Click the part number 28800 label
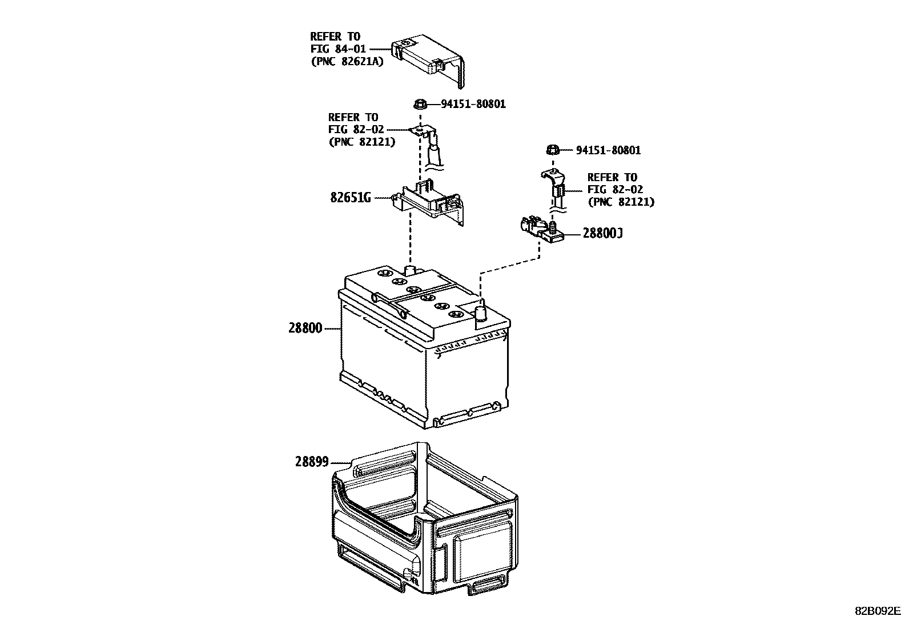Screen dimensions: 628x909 (x=305, y=329)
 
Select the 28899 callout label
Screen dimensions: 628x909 (x=312, y=462)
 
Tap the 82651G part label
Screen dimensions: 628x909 (x=351, y=198)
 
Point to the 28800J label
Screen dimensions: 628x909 (x=602, y=234)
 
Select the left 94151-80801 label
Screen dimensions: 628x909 (x=473, y=104)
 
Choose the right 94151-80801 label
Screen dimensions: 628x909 (x=608, y=150)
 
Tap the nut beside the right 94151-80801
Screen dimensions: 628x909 (x=552, y=150)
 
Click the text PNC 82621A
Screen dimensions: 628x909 (x=347, y=62)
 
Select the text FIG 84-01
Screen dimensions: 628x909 (x=338, y=49)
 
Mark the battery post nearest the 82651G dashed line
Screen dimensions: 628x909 (x=410, y=270)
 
